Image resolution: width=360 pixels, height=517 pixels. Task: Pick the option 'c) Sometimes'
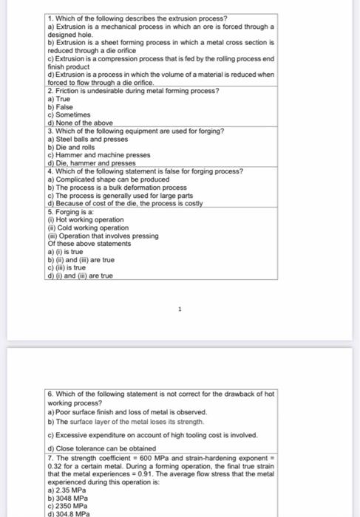pos(68,114)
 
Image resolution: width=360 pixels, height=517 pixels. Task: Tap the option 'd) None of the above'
pos(80,123)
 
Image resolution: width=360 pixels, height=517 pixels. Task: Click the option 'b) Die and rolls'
pos(72,147)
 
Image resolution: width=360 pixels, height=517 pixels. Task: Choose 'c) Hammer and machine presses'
pos(98,155)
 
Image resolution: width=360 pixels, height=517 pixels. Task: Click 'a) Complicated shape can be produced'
pos(108,179)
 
